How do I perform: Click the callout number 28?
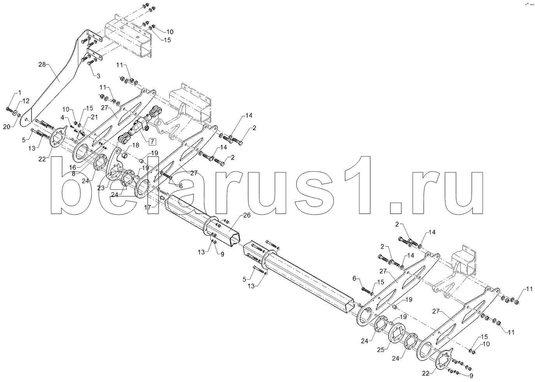click(x=42, y=65)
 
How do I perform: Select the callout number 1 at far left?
click(x=20, y=92)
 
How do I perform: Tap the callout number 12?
click(x=26, y=101)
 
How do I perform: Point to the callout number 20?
click(x=7, y=127)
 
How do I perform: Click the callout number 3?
click(x=99, y=76)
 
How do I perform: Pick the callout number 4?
click(x=62, y=117)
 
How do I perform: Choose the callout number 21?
click(x=95, y=117)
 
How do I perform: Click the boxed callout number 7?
click(x=152, y=142)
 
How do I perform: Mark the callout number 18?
click(x=136, y=145)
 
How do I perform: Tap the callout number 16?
click(x=72, y=167)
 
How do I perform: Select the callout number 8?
click(x=74, y=174)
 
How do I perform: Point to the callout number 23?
click(x=101, y=188)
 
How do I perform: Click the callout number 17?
click(x=148, y=207)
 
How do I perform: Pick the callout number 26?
click(x=247, y=215)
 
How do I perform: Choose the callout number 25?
click(x=381, y=350)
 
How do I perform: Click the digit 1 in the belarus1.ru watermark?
click(x=357, y=185)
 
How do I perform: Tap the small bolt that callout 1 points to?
click(x=9, y=110)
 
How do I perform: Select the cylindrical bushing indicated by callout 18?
click(x=125, y=156)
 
